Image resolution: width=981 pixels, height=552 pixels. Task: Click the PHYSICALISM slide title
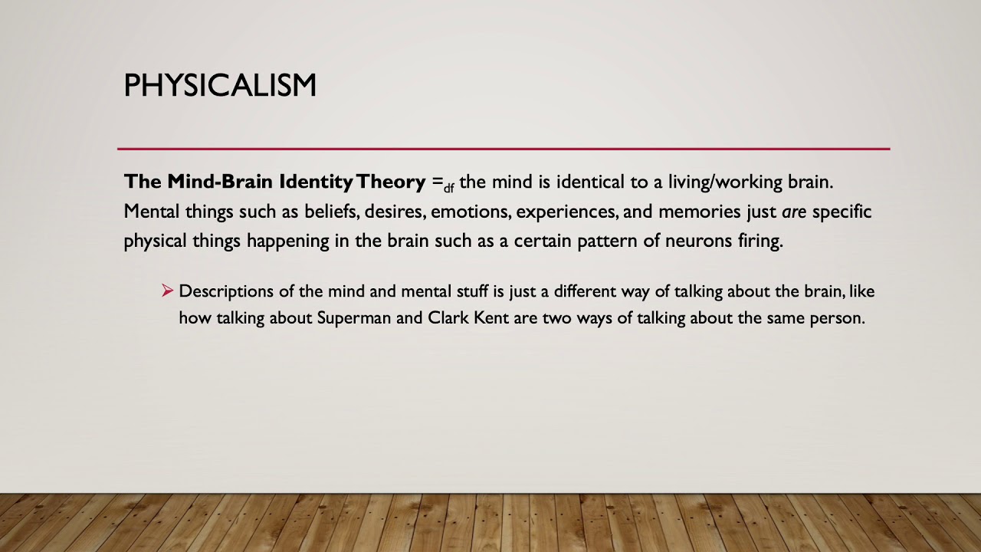tap(220, 85)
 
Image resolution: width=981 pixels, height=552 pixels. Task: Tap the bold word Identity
tap(315, 182)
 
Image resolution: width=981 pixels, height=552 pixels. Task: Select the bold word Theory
tap(390, 182)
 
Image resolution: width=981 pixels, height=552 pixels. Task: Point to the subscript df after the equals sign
tap(448, 188)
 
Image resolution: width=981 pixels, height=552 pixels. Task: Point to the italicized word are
tap(793, 212)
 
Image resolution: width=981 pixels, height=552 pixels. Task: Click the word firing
tap(760, 242)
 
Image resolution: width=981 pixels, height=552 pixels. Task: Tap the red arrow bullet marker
tap(168, 291)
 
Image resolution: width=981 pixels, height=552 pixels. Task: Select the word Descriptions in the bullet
tap(225, 292)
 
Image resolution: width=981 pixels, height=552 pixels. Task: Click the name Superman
tap(354, 318)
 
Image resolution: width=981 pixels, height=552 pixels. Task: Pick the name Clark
tap(448, 317)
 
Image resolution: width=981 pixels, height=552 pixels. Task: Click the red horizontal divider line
tap(504, 149)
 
